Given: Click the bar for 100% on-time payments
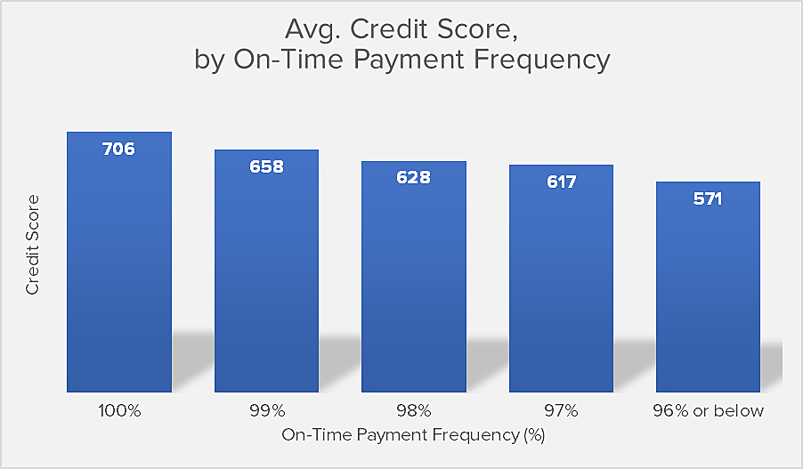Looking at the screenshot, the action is (119, 263).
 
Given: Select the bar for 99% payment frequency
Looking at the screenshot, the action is (266, 271).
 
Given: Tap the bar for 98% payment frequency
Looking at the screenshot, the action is (414, 277).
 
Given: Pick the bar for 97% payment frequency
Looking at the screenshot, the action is (561, 279).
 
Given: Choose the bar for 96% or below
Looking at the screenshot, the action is (708, 287).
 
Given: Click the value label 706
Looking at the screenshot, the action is (118, 149).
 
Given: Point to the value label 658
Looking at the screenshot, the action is (266, 166).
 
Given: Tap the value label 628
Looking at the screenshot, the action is (414, 178).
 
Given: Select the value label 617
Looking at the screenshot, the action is (561, 182).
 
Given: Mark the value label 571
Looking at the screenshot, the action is (708, 198).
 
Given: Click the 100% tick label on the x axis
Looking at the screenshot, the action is (119, 411).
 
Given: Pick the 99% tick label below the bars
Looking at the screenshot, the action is (267, 411).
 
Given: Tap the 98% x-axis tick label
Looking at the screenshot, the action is (414, 411).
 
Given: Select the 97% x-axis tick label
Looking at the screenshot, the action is (561, 411).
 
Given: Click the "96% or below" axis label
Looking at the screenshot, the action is (709, 411).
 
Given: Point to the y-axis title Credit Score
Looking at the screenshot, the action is (32, 245).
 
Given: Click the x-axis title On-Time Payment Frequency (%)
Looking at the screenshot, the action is (413, 435).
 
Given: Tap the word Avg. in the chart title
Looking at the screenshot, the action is (312, 29).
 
